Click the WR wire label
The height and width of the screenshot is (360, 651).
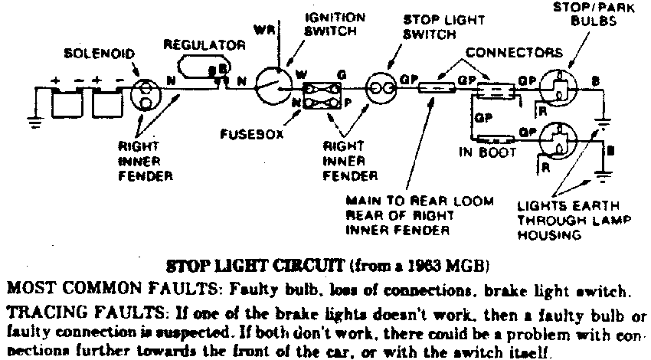263,29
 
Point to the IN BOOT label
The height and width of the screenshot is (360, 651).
481,152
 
